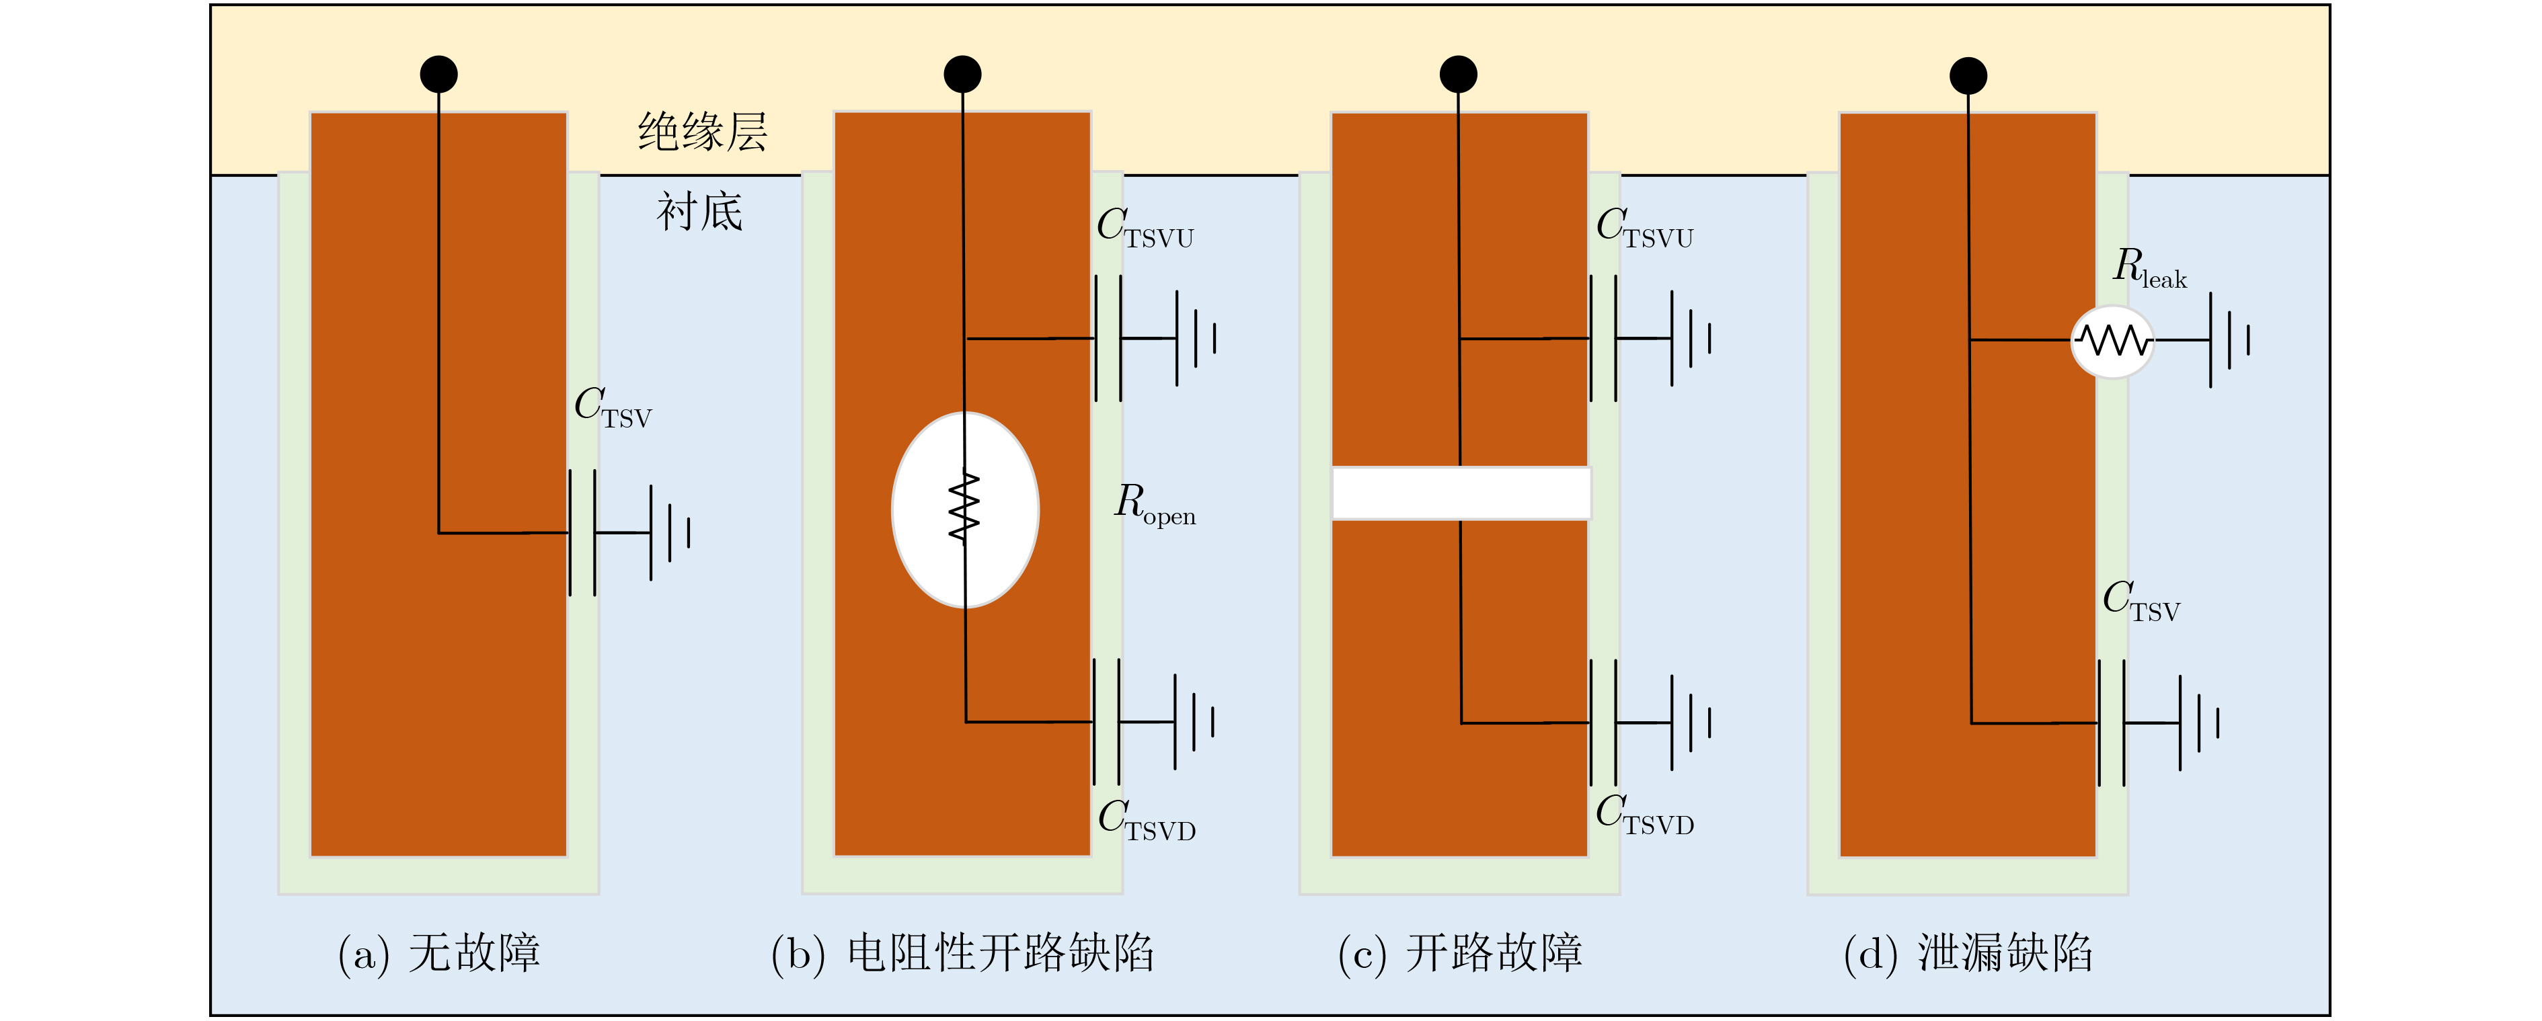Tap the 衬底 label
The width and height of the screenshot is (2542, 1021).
(x=699, y=212)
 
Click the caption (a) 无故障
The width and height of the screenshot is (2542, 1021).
(x=439, y=954)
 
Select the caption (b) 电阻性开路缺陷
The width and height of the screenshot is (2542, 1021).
(x=962, y=954)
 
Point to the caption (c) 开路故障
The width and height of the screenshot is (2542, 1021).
(x=1459, y=954)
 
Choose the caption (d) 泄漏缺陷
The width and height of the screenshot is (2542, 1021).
(x=1968, y=954)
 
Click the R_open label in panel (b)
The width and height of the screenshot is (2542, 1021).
(x=1155, y=504)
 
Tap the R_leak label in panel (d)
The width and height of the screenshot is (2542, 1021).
(x=2149, y=268)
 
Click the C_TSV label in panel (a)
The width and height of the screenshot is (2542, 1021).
(x=613, y=407)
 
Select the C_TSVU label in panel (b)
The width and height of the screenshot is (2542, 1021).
(x=1145, y=228)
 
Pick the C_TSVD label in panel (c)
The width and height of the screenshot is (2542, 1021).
(x=1645, y=815)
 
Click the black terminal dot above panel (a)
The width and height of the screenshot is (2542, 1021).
(x=439, y=74)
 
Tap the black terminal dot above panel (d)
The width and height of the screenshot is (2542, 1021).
(x=1968, y=76)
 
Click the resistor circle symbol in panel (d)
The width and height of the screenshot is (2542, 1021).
(x=2112, y=341)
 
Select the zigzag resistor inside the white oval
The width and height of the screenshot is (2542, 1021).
(x=964, y=508)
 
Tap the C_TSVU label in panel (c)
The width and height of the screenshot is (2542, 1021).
(x=1644, y=228)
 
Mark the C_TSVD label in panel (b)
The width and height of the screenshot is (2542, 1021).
(x=1147, y=821)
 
